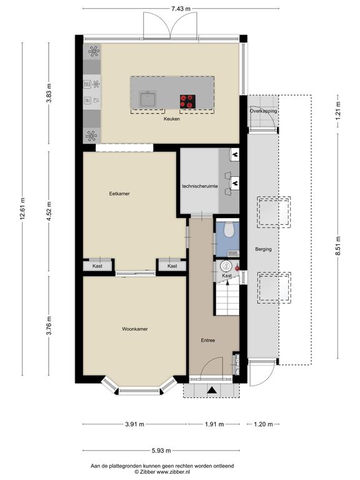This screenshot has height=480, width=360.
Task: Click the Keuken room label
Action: (x=172, y=119)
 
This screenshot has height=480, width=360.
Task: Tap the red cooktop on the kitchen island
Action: (x=187, y=101)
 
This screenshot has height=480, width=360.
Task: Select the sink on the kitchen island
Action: (x=149, y=98)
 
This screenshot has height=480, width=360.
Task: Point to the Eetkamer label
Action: (x=119, y=194)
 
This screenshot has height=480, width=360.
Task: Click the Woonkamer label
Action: (x=135, y=329)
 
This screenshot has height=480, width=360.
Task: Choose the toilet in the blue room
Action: (x=229, y=229)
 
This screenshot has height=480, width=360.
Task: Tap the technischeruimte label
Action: (x=200, y=186)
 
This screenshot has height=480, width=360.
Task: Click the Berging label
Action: (x=264, y=249)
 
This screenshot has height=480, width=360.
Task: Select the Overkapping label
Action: (x=264, y=111)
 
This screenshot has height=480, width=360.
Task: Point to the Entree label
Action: (x=208, y=340)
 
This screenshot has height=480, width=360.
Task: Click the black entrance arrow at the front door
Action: (x=211, y=390)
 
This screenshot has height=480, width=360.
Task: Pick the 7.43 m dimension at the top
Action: (x=181, y=9)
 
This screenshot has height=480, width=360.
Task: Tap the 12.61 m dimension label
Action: (x=22, y=209)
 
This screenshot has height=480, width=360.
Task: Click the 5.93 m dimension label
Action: (x=161, y=450)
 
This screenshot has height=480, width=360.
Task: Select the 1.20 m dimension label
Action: (x=263, y=424)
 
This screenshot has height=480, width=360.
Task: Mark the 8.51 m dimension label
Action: (x=338, y=246)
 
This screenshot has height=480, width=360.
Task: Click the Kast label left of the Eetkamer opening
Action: (x=97, y=266)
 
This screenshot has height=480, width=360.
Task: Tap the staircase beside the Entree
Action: (x=227, y=299)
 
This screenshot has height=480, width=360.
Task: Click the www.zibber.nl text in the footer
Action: (x=174, y=472)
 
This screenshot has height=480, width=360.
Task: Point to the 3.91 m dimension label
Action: (x=135, y=424)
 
